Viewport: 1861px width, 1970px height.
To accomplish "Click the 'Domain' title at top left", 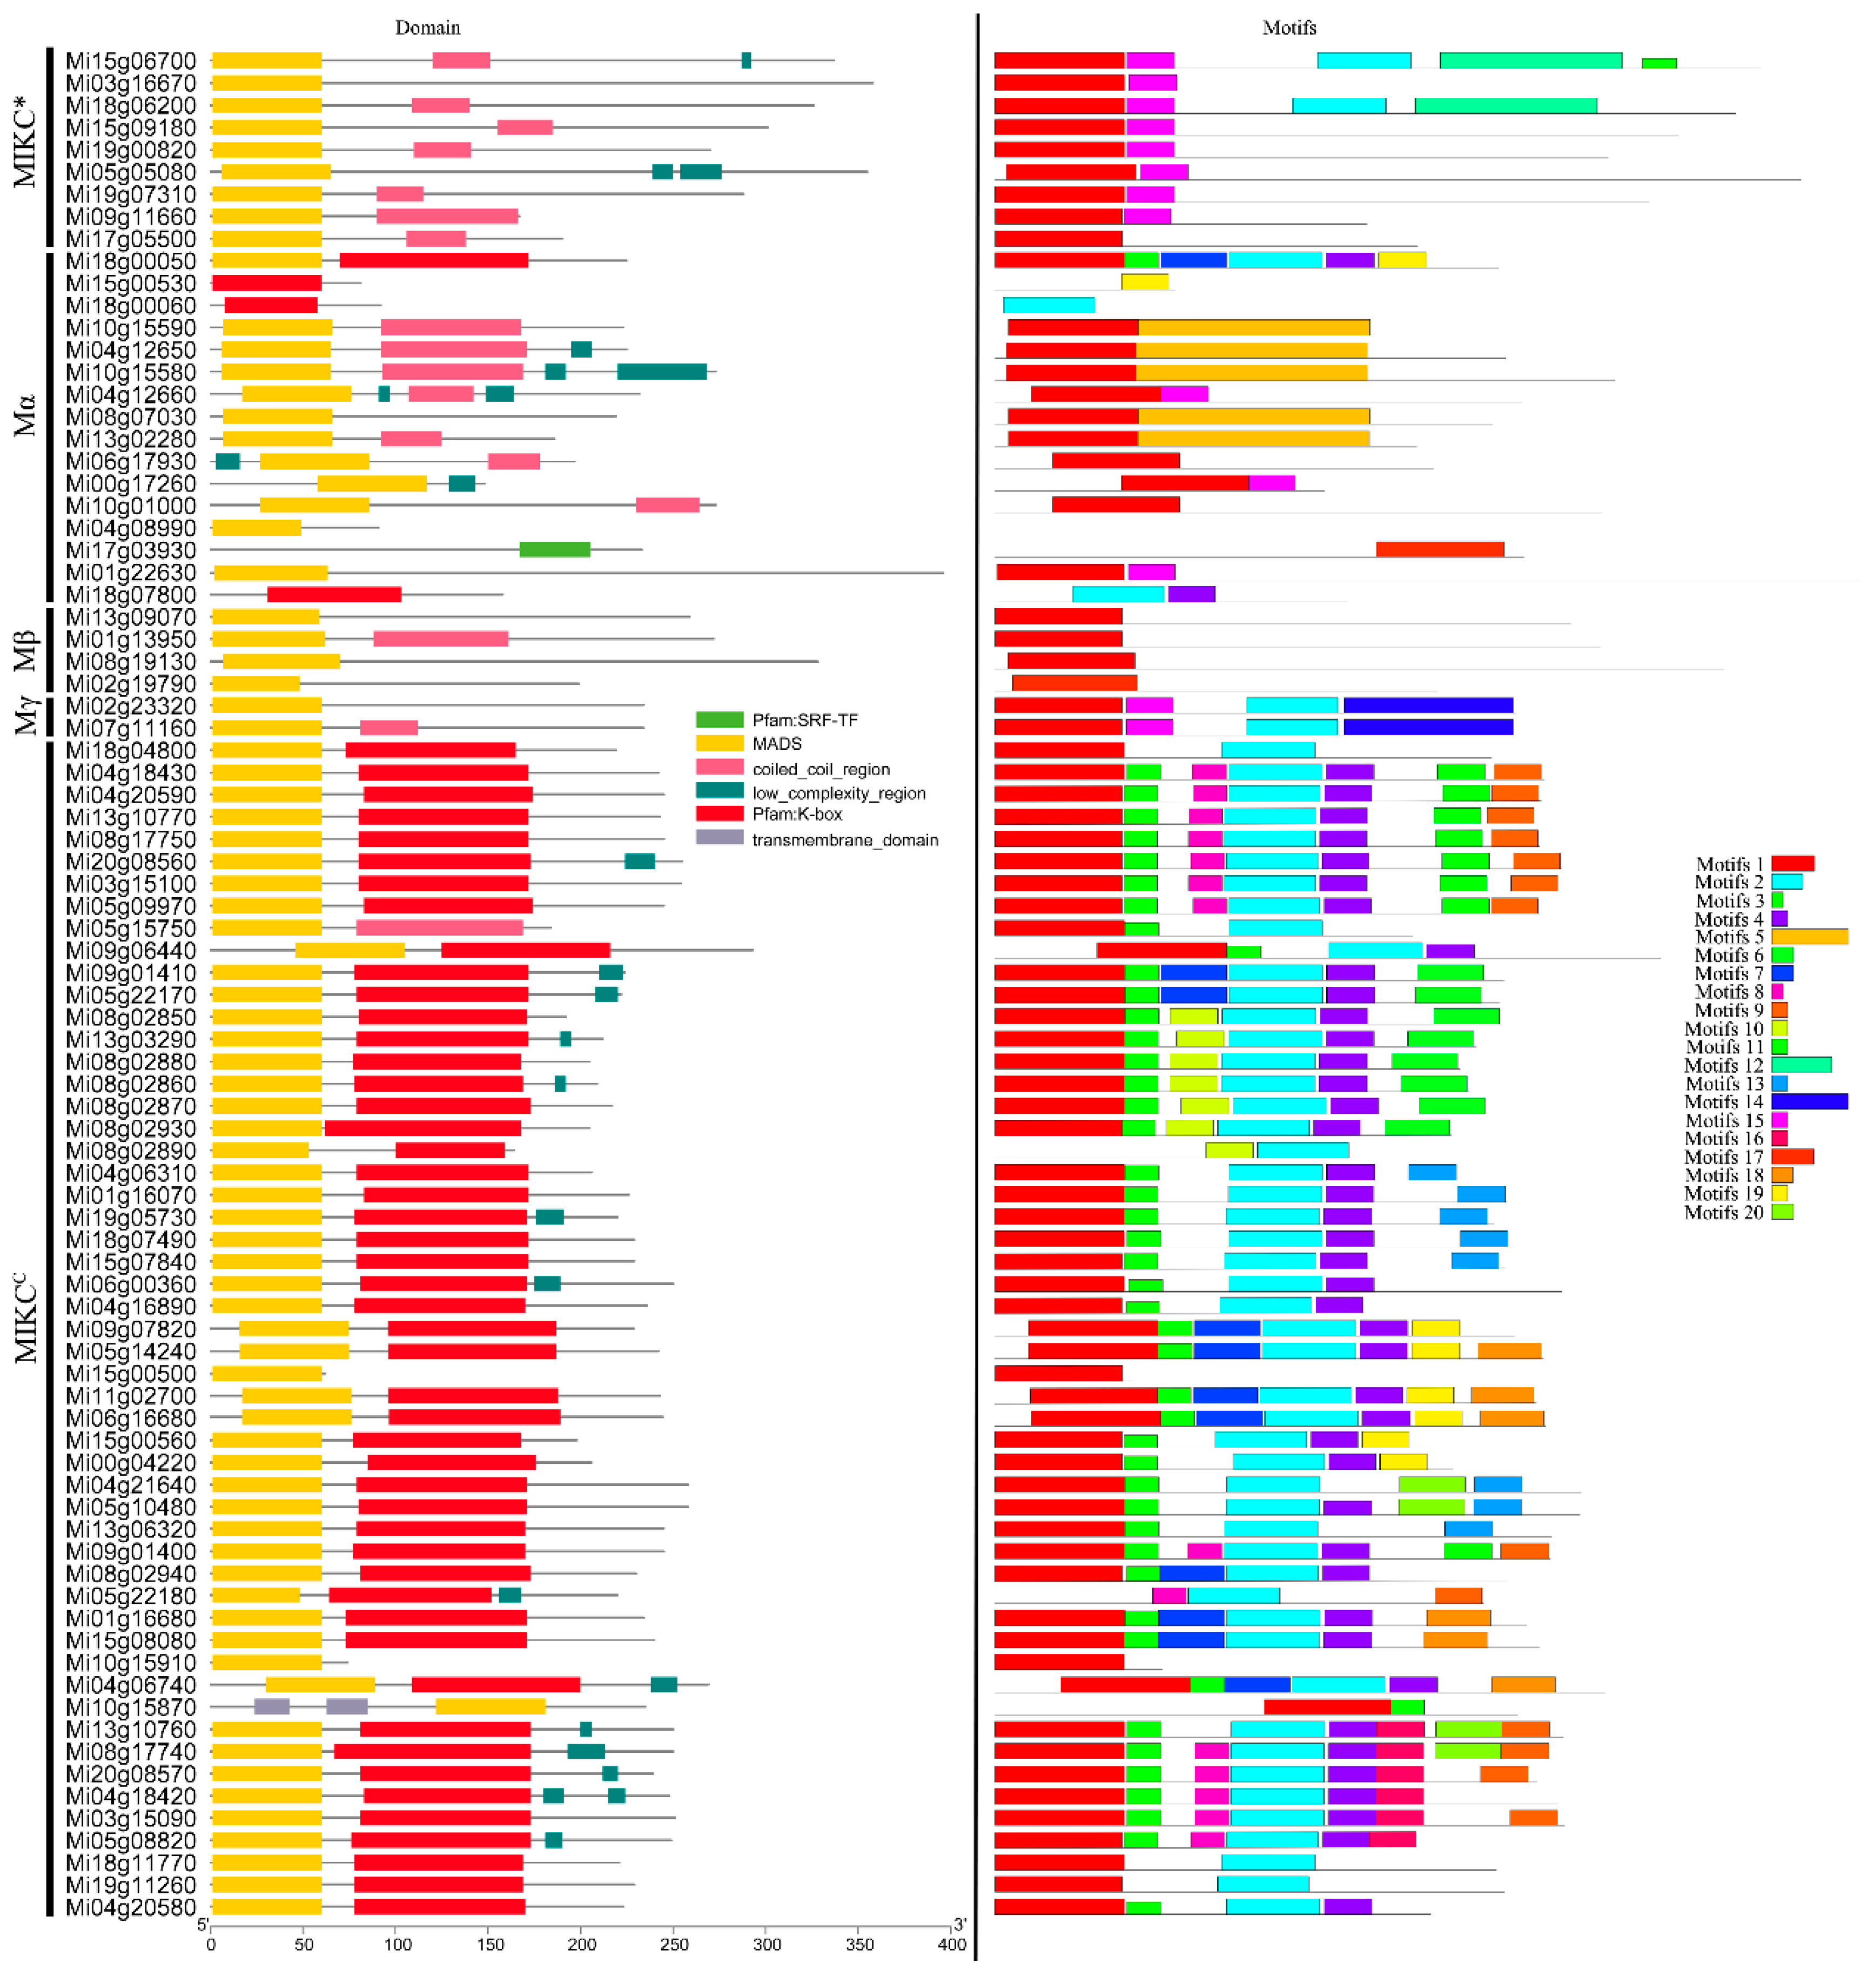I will (427, 28).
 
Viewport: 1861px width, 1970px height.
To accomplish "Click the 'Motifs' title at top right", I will (1288, 28).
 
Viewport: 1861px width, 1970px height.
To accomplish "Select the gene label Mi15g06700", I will (131, 62).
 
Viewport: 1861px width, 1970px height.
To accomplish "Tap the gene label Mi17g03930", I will (131, 550).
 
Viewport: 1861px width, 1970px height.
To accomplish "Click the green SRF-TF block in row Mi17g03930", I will (555, 549).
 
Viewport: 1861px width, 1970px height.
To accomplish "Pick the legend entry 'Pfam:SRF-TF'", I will (804, 720).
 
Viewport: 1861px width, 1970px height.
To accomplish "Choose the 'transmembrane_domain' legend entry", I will (844, 840).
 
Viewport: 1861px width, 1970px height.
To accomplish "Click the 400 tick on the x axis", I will (951, 1944).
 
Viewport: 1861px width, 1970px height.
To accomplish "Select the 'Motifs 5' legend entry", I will (1729, 937).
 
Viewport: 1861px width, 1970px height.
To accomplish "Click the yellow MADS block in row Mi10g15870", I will (490, 1706).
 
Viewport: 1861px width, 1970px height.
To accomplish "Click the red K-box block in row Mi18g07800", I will (334, 594).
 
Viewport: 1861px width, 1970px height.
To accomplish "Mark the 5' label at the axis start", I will (203, 1925).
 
